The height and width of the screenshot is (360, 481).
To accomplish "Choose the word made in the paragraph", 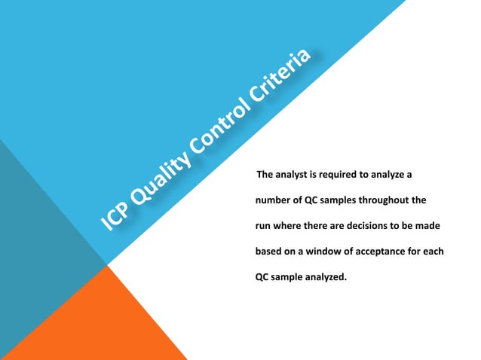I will (429, 226).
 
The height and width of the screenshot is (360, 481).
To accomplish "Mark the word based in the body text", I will (264, 251).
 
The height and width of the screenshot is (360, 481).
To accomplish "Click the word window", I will (324, 251).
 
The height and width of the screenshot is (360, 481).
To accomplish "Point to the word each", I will (434, 251).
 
